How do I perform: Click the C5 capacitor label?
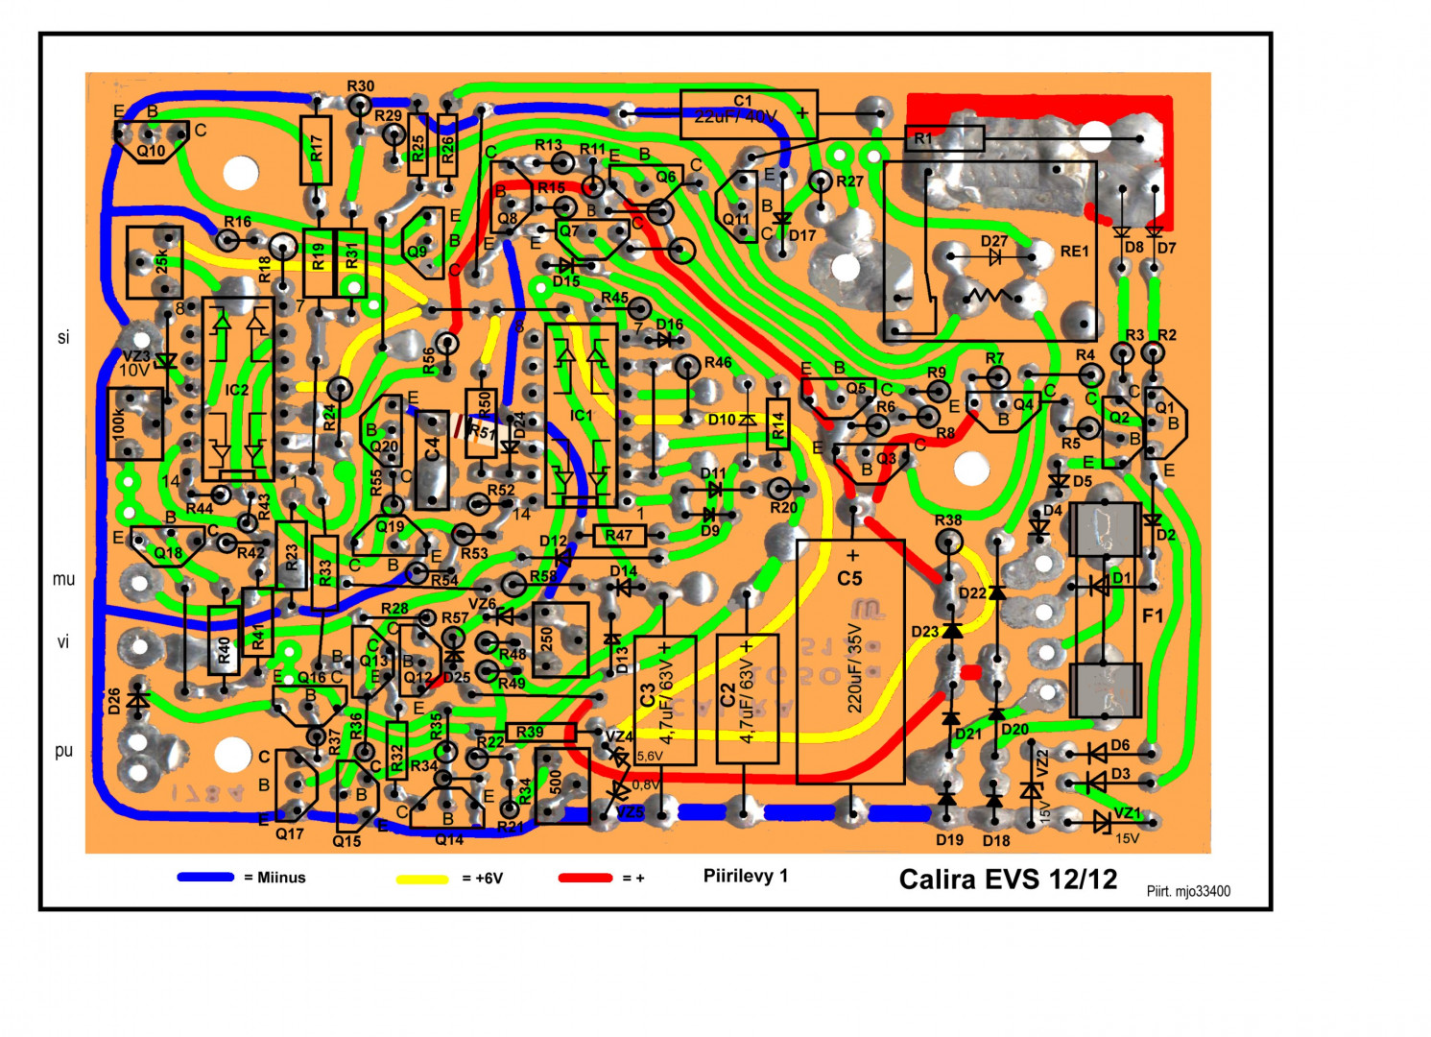849,578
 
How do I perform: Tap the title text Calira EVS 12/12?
1008,879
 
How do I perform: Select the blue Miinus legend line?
205,877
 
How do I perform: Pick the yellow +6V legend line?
422,879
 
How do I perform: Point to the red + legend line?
584,878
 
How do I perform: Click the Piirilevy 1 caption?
745,876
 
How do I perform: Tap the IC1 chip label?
582,416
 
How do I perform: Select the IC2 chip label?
237,390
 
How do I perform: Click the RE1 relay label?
1075,252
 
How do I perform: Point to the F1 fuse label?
1153,615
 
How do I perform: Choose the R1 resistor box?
944,138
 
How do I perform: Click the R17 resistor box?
316,150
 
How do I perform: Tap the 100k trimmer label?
119,423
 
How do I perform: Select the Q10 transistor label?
151,151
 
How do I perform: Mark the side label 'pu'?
63,751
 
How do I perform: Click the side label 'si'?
63,337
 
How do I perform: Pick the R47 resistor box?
619,536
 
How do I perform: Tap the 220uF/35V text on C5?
854,667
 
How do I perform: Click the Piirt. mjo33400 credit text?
1188,891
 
